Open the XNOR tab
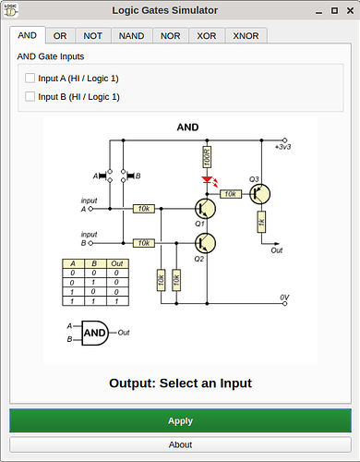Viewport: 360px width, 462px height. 246,36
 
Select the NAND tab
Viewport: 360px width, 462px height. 131,36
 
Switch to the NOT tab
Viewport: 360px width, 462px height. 92,36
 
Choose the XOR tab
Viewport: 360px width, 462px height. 207,36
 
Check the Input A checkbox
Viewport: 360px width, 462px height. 30,79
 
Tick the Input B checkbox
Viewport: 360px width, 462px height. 30,97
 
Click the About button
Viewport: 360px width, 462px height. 180,444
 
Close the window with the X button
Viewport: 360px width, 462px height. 350,11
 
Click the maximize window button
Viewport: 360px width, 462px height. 334,11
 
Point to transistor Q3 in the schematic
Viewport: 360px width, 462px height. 259,194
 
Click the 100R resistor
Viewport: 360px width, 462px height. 207,157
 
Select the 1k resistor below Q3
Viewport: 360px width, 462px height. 261,222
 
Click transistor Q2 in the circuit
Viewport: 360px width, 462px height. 205,243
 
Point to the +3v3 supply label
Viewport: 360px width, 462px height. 282,147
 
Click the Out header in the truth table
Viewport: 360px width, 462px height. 117,263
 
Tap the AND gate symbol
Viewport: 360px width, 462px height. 95,333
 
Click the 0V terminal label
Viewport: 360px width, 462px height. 284,298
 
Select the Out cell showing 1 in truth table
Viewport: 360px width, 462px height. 117,301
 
